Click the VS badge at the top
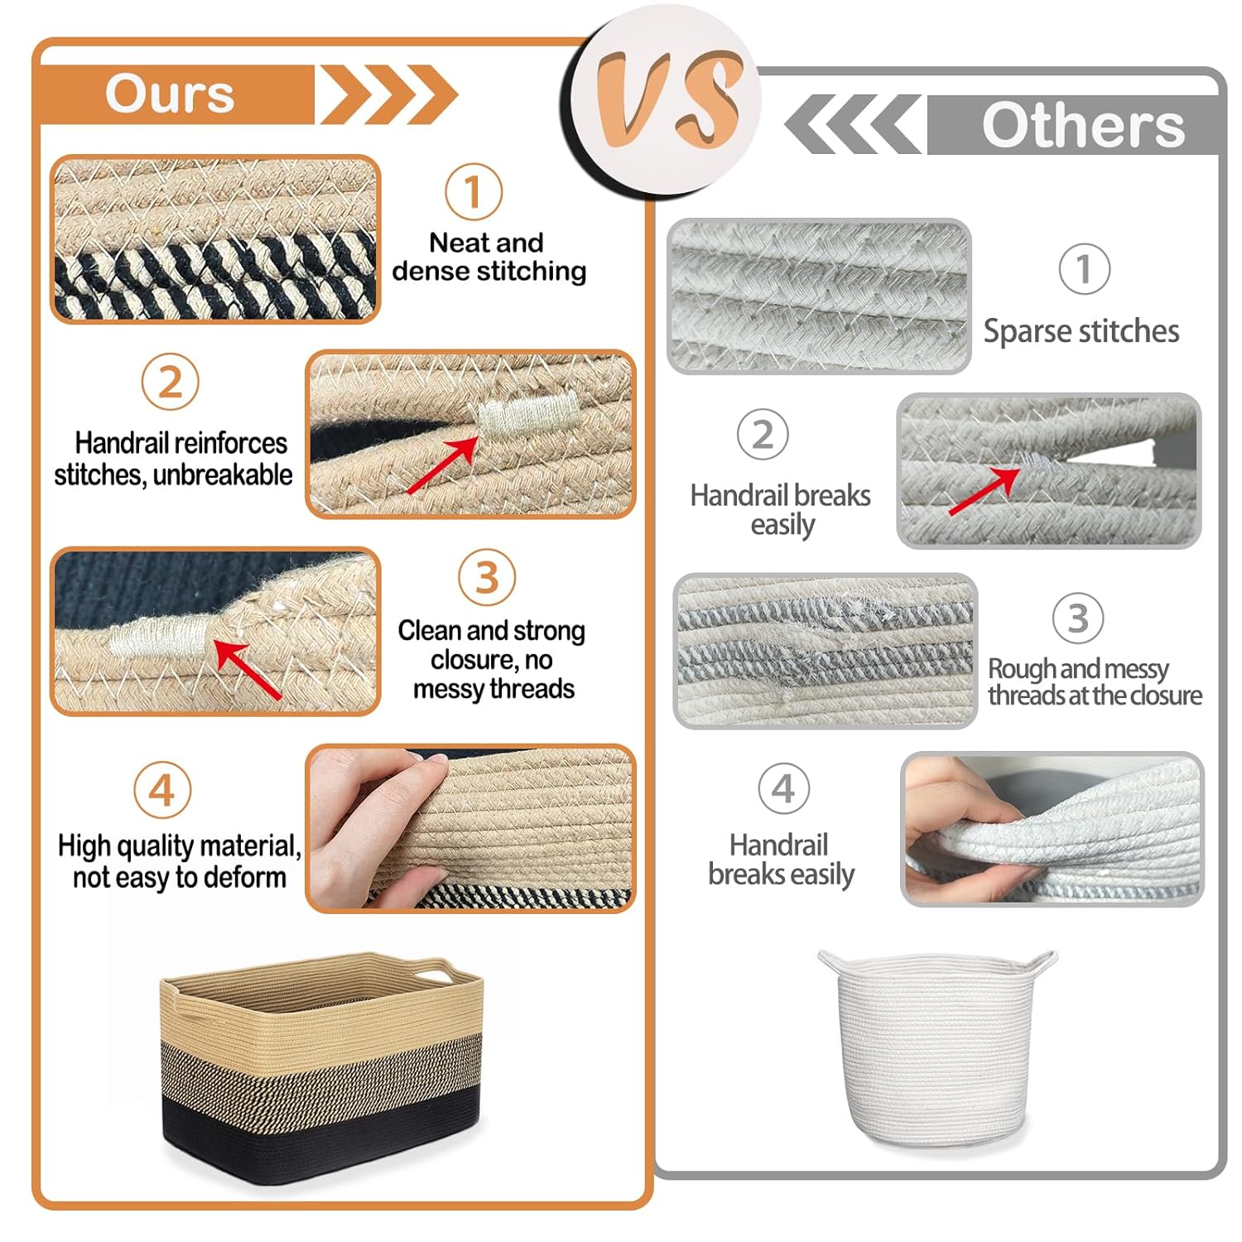666,99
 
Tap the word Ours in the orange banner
170,94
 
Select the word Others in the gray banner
1083,125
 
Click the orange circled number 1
474,192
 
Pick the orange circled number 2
170,382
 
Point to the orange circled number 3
487,577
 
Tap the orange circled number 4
162,790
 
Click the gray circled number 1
1085,268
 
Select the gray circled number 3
1078,618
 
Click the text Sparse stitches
1081,331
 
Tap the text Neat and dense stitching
489,257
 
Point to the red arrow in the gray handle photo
984,491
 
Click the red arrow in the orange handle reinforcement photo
442,465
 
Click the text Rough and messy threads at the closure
1095,681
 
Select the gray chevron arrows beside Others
853,124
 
